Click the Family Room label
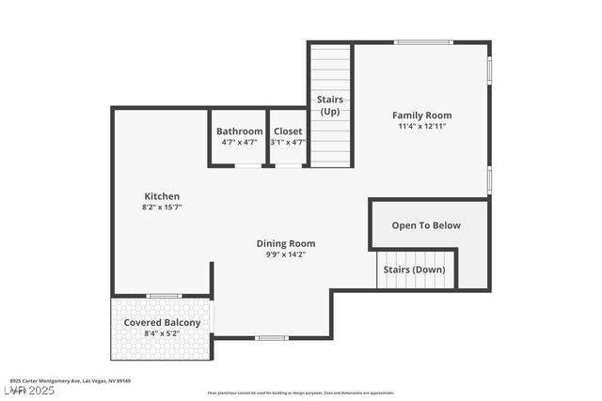(421, 116)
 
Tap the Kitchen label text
(162, 196)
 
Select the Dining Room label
(286, 243)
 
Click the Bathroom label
(239, 131)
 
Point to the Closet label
(288, 131)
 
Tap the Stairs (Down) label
(414, 270)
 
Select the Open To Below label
(426, 225)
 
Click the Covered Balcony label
(163, 323)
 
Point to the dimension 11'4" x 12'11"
(421, 126)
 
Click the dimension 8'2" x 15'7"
(162, 207)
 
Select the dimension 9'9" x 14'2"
(286, 254)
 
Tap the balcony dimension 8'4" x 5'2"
(163, 333)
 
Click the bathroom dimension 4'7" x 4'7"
(239, 142)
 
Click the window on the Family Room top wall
(422, 42)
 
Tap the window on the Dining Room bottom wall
(272, 337)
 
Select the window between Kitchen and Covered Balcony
(164, 296)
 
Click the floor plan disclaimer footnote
(301, 393)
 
